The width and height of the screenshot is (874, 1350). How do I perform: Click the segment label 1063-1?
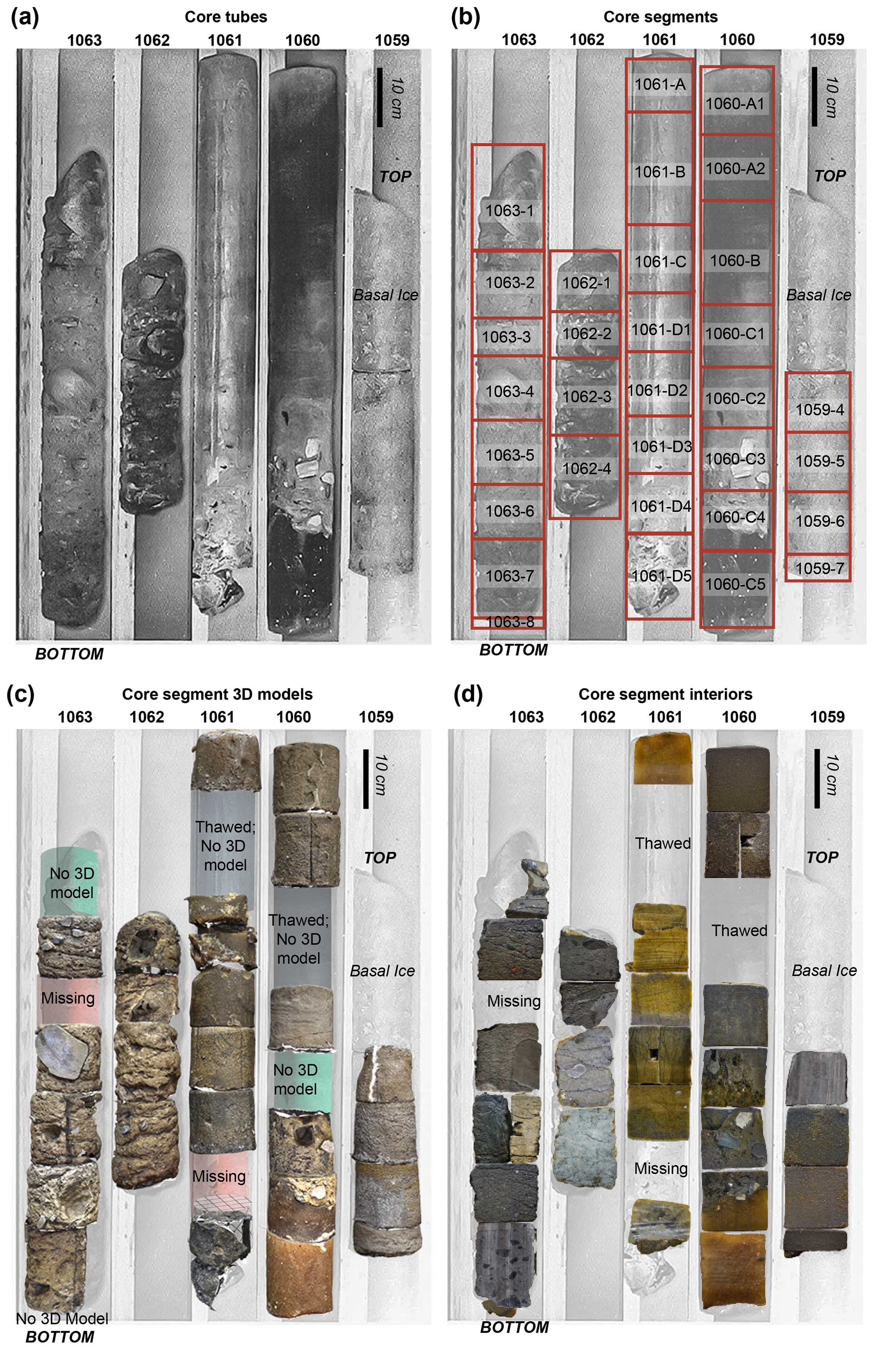[509, 211]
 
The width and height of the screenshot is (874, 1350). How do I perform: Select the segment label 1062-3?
[587, 396]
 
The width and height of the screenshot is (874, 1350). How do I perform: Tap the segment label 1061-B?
[660, 172]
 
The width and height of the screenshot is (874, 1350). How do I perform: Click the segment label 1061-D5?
[661, 576]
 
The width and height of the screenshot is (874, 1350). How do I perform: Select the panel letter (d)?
[468, 694]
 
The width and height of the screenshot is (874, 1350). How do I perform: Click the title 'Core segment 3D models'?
[217, 694]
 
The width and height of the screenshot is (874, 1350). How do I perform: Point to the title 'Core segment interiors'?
[666, 694]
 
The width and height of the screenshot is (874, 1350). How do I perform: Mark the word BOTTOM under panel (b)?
[514, 650]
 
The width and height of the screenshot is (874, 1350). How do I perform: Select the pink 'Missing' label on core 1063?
[68, 998]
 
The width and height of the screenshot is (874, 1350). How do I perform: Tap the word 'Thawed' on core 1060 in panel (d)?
[740, 930]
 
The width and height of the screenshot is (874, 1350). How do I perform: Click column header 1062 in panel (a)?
[152, 40]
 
